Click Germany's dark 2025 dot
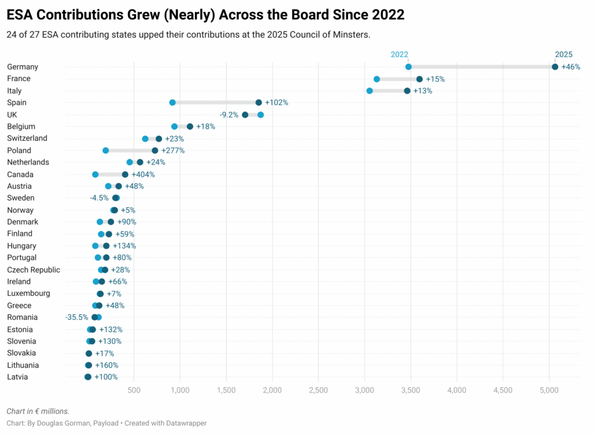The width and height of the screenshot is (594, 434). tap(555, 67)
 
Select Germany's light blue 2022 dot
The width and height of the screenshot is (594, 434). tap(408, 67)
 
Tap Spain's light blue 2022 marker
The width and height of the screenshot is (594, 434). tap(172, 103)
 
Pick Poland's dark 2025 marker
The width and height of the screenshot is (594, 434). tap(155, 150)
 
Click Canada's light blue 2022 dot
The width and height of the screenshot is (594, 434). tap(95, 174)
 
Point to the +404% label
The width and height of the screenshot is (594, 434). tap(143, 175)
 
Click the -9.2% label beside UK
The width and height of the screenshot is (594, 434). tap(229, 115)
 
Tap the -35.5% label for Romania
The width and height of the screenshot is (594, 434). tap(77, 317)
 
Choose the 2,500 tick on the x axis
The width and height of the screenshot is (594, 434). tap(318, 389)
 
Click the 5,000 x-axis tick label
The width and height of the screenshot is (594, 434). tap(549, 389)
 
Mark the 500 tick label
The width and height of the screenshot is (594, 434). tap(134, 389)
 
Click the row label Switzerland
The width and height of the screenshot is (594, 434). tap(27, 138)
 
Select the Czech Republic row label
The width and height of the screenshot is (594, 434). tap(34, 270)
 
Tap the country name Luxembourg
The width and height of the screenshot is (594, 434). tap(28, 294)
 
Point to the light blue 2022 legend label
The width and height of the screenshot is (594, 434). tap(399, 55)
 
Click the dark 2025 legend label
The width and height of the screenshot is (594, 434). tap(563, 55)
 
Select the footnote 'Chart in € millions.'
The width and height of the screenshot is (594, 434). tap(38, 411)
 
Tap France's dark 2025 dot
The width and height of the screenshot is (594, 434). tap(419, 79)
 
